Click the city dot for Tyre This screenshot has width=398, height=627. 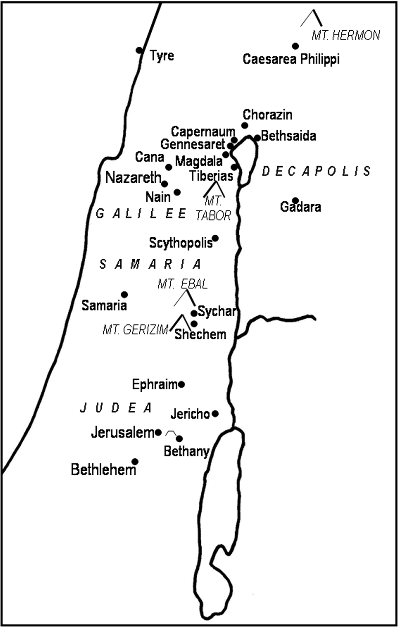(x=139, y=50)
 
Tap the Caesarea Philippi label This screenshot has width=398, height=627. (x=291, y=60)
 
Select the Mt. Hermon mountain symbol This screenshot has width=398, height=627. (x=312, y=18)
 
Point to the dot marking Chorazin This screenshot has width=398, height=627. (x=245, y=125)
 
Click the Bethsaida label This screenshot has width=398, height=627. (x=288, y=136)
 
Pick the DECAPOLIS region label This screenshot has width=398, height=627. (x=316, y=171)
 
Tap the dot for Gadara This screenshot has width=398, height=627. (x=295, y=200)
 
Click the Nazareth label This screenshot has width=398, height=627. (x=133, y=178)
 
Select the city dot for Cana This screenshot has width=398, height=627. (x=169, y=167)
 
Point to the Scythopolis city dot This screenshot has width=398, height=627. (x=215, y=238)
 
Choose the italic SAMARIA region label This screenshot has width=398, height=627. (x=150, y=264)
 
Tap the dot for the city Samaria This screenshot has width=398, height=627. (x=124, y=294)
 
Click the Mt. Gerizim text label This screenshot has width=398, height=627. (x=135, y=329)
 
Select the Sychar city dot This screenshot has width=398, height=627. (x=194, y=313)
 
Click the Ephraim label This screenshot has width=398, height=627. (x=155, y=384)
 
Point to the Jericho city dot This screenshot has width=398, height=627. (x=215, y=413)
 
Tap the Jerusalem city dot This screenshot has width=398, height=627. (x=158, y=432)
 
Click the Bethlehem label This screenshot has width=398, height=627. (x=103, y=470)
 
